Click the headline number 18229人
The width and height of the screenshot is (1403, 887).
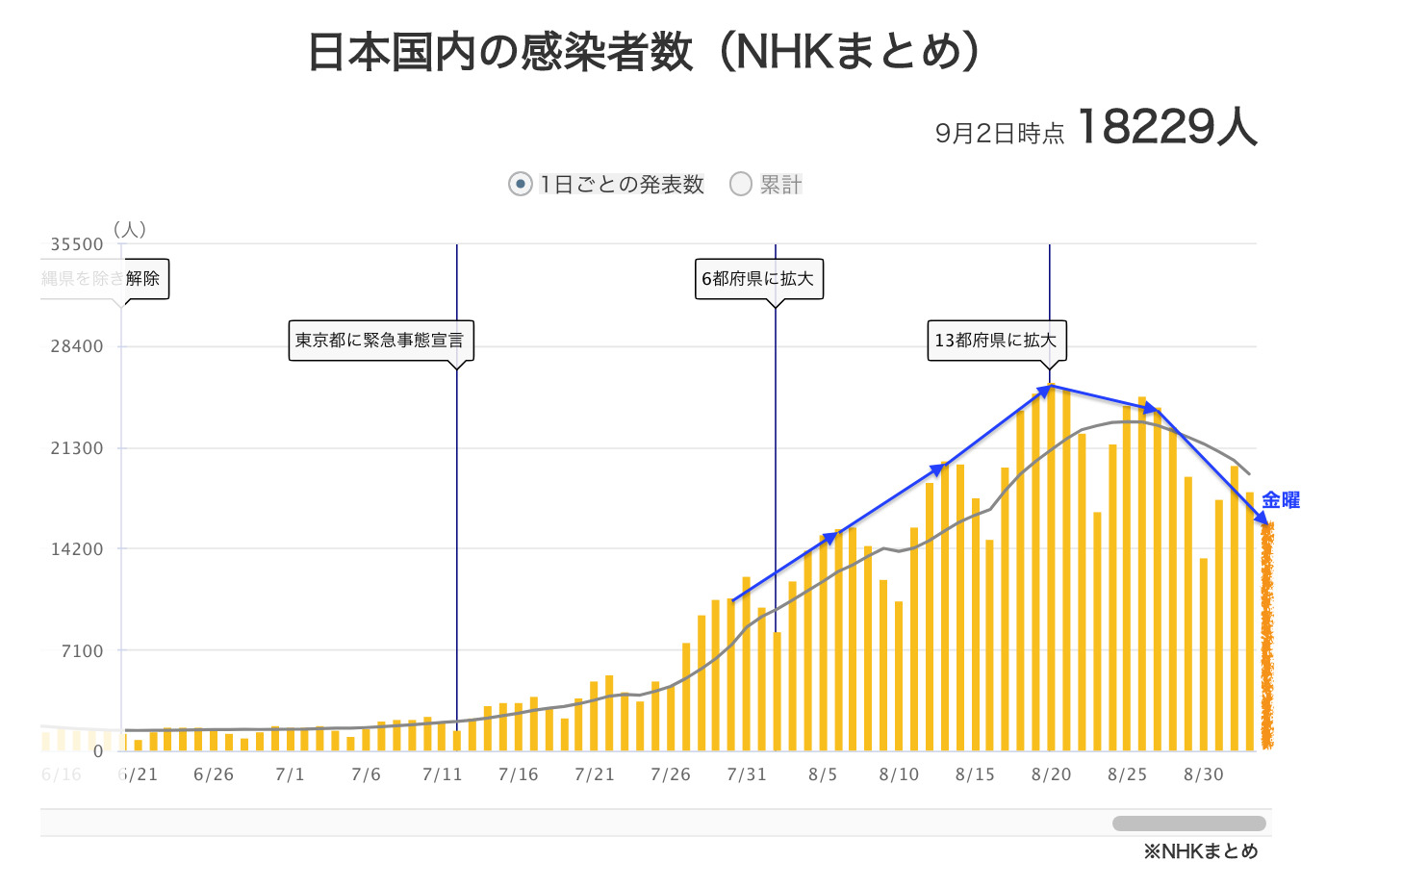pyautogui.click(x=1166, y=127)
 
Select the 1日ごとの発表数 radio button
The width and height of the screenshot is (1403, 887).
pyautogui.click(x=521, y=184)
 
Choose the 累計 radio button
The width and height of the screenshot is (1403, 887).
pyautogui.click(x=740, y=184)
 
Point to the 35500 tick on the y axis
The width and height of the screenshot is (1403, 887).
pyautogui.click(x=77, y=245)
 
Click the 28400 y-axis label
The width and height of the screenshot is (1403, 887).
pyautogui.click(x=77, y=346)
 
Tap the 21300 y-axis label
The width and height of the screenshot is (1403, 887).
pyautogui.click(x=77, y=448)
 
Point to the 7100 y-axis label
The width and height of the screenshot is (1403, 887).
pyautogui.click(x=82, y=651)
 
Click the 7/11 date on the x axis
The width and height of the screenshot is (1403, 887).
pyautogui.click(x=442, y=774)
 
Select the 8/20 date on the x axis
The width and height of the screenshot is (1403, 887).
pyautogui.click(x=1051, y=774)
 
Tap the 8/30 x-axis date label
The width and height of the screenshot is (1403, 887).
pyautogui.click(x=1203, y=774)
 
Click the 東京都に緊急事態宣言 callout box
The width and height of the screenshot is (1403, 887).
pyautogui.click(x=380, y=341)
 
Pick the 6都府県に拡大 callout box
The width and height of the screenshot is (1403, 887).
pyautogui.click(x=758, y=279)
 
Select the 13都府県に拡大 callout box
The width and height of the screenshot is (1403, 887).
pyautogui.click(x=996, y=341)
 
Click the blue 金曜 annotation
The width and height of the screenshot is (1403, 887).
pyautogui.click(x=1281, y=500)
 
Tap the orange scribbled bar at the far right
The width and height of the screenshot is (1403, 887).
pyautogui.click(x=1267, y=635)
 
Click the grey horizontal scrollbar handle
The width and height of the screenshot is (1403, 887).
pyautogui.click(x=1188, y=824)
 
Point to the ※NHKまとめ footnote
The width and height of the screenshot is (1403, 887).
pyautogui.click(x=1201, y=851)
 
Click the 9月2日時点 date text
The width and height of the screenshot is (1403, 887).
pyautogui.click(x=1000, y=133)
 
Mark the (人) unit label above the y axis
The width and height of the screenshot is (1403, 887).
pyautogui.click(x=130, y=229)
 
